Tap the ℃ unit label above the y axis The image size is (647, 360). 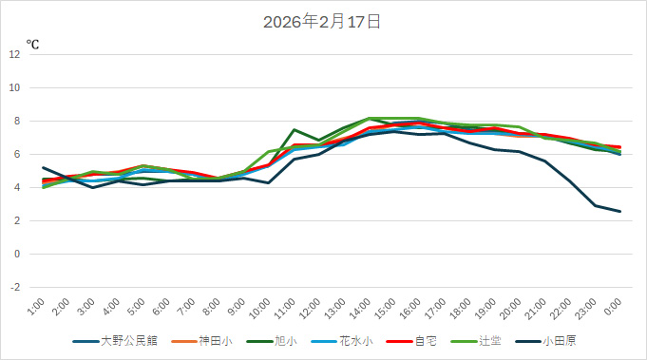[x=32, y=44]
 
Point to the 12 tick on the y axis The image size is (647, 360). [x=15, y=54]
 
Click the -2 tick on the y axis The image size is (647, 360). [x=15, y=288]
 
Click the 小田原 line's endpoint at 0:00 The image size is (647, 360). [x=620, y=211]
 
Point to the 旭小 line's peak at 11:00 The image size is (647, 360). [x=295, y=129]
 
